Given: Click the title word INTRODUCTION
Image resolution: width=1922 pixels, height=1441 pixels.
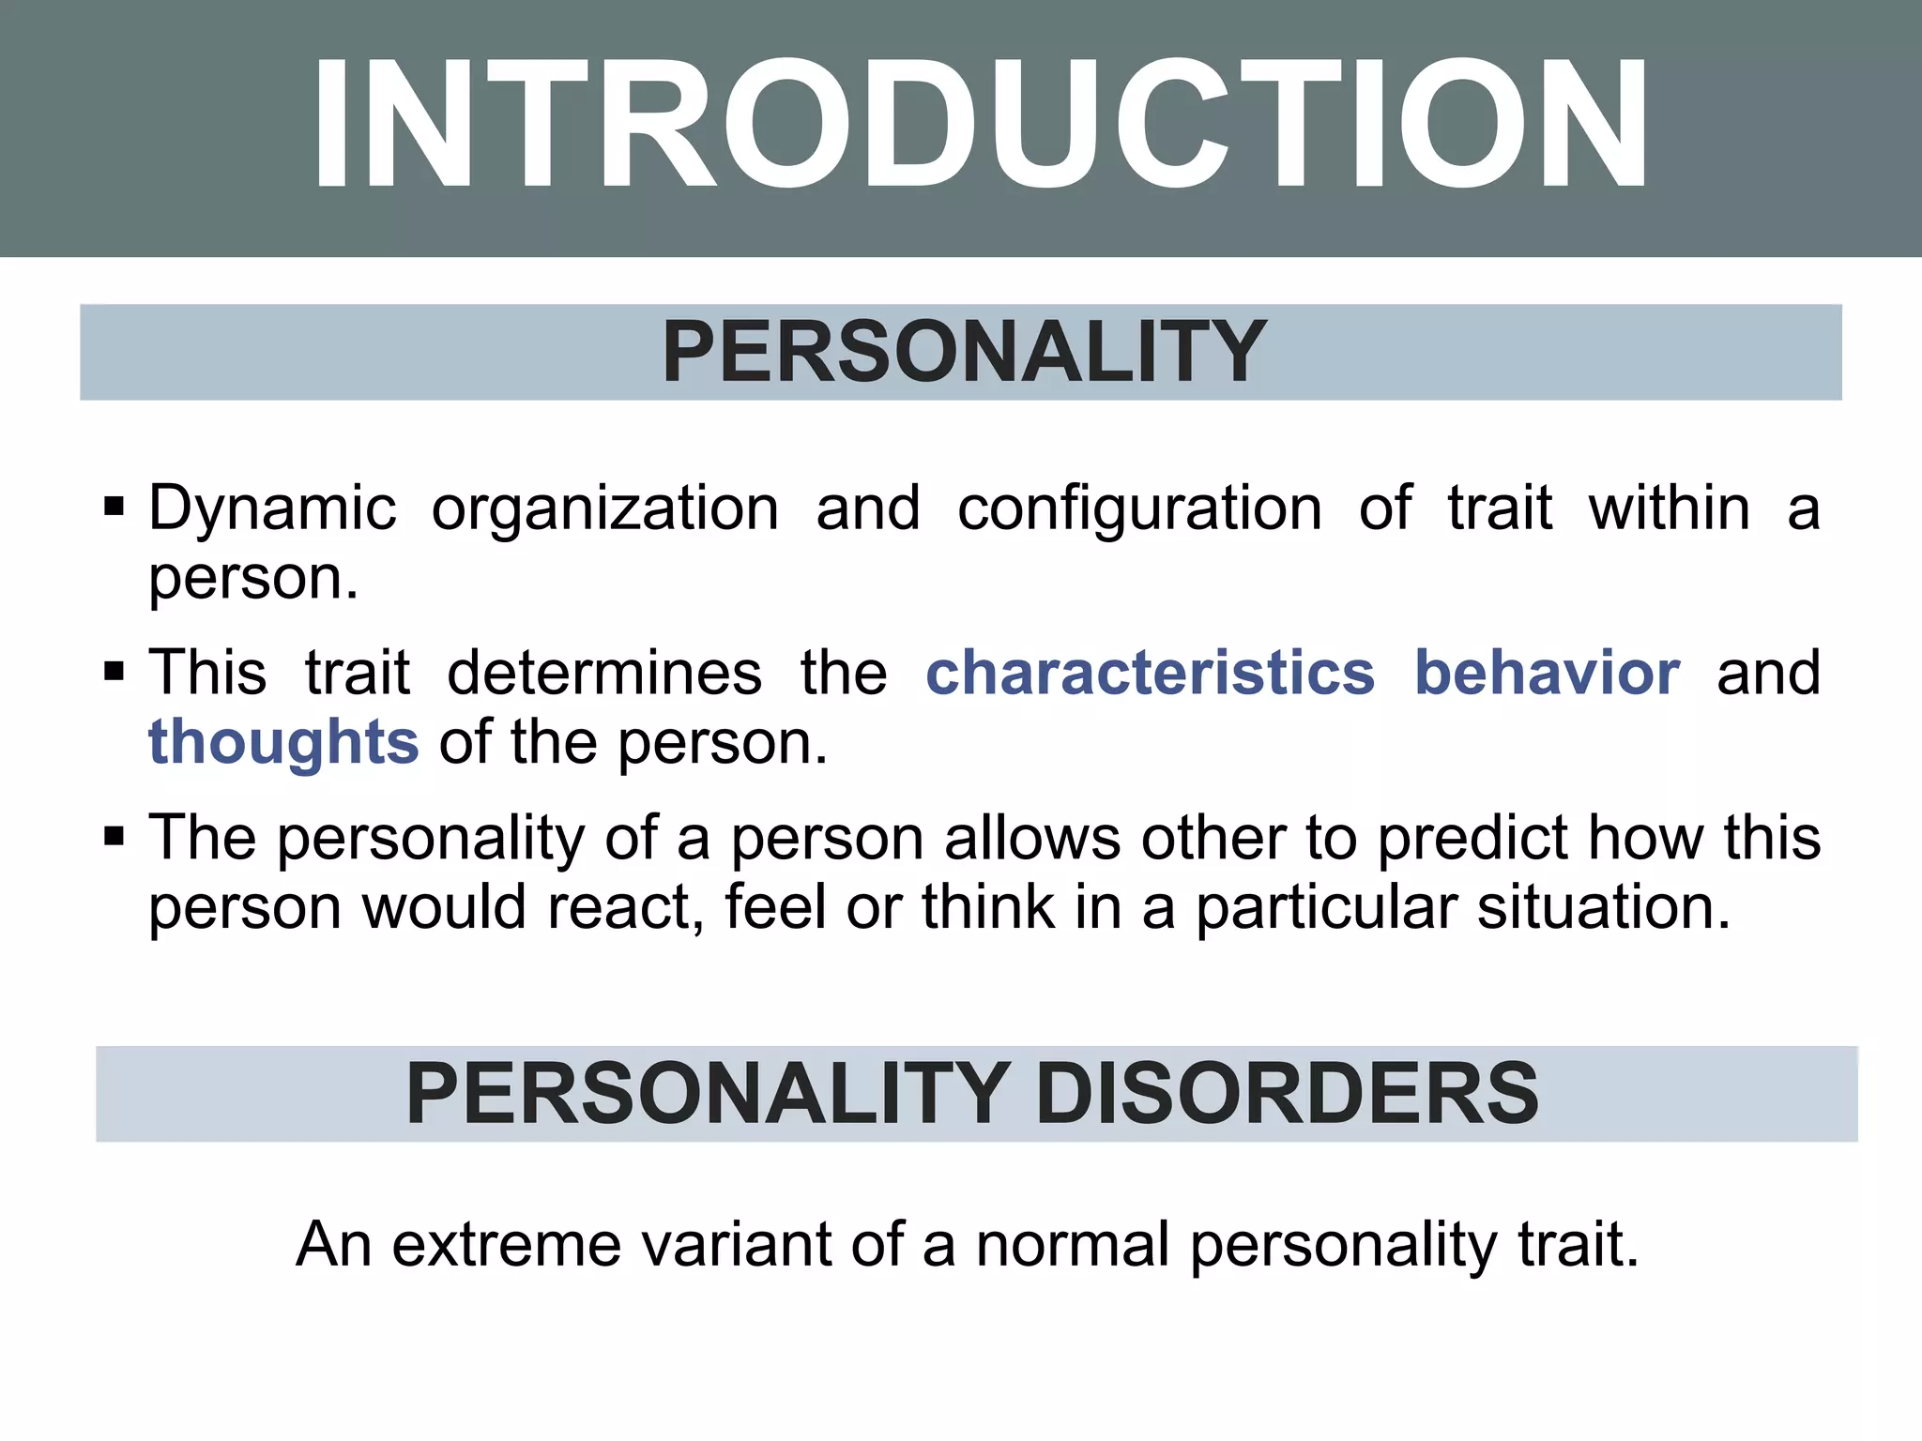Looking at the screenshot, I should [x=980, y=126].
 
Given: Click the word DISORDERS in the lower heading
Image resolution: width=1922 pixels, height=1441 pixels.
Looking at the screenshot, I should [x=1287, y=1094].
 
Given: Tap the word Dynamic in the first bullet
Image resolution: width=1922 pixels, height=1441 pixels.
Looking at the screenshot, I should [x=272, y=509].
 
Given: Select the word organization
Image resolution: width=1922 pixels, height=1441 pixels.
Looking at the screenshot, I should [x=605, y=509].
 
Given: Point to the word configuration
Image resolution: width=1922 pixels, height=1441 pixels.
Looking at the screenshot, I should [x=1139, y=509].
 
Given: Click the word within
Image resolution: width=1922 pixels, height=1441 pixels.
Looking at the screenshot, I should [x=1669, y=509].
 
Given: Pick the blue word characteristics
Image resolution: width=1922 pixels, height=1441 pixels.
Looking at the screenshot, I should [x=1151, y=674].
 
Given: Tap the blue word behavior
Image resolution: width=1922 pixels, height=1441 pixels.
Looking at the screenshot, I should [x=1548, y=674].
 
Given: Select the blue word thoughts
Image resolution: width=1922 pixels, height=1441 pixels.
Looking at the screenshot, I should [x=283, y=743].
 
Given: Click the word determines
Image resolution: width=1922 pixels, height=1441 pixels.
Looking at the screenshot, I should [x=604, y=674].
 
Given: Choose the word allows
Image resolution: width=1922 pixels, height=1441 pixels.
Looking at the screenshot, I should [x=1032, y=838].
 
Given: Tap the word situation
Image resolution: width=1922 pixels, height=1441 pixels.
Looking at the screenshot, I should [x=1604, y=908].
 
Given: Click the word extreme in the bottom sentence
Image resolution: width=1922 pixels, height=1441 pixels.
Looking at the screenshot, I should [x=507, y=1245].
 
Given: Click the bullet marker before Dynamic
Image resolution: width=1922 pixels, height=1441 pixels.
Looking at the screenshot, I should [x=114, y=508].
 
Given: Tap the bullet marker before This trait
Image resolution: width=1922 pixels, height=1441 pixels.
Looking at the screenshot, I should [x=114, y=673].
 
